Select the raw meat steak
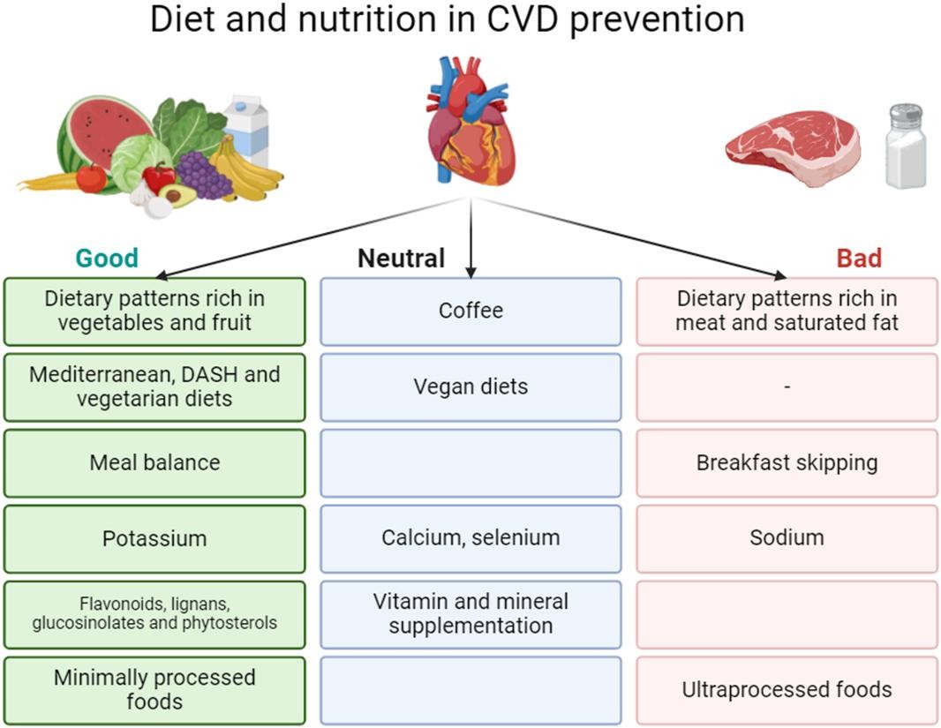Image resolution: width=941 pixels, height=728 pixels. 793,146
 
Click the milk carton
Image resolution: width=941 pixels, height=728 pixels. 246,128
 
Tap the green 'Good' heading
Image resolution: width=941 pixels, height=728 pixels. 107,258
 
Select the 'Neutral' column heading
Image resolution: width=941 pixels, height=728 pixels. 401,259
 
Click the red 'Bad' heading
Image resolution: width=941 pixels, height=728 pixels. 858,258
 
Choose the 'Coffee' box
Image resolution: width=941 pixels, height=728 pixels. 470,311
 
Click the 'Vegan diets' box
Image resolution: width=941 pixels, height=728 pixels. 470,387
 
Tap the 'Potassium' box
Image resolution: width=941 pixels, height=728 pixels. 154,539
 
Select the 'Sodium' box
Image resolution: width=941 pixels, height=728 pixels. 787,538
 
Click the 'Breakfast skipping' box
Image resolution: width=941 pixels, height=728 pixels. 787,463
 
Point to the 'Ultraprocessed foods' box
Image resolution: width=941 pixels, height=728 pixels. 787,690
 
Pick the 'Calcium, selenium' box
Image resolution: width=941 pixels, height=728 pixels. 470,538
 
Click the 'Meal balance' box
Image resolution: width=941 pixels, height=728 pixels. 154,463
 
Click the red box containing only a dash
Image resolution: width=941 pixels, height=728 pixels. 787,387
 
